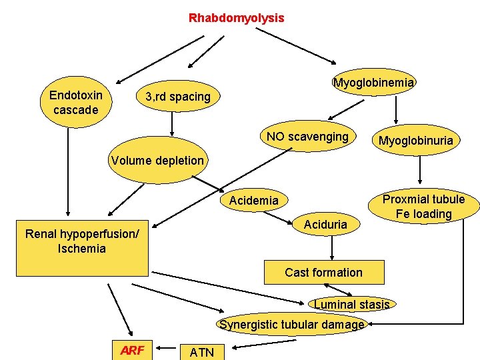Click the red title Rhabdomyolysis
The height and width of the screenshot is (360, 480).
point(236,18)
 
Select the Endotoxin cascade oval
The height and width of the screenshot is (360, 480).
point(75,103)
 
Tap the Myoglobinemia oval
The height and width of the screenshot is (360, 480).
point(373,83)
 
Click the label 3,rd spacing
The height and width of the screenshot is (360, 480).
point(178,97)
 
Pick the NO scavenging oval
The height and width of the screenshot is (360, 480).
point(307,137)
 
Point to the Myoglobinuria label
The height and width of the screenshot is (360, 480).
point(415,140)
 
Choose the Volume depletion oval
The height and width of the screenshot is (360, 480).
point(157,160)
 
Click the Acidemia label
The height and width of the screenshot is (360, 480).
point(253,201)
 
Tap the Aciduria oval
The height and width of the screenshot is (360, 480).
point(325,225)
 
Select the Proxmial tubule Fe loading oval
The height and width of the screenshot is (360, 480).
point(423,207)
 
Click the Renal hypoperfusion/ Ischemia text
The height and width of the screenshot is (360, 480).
point(82,241)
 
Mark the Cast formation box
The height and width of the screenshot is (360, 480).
point(323,272)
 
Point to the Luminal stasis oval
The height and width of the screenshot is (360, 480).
point(351,305)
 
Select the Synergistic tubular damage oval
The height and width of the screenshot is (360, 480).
point(292,325)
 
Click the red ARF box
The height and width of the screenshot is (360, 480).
point(131,350)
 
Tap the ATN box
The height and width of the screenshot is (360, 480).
point(202,352)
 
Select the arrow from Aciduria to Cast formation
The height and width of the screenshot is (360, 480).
point(331,248)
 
